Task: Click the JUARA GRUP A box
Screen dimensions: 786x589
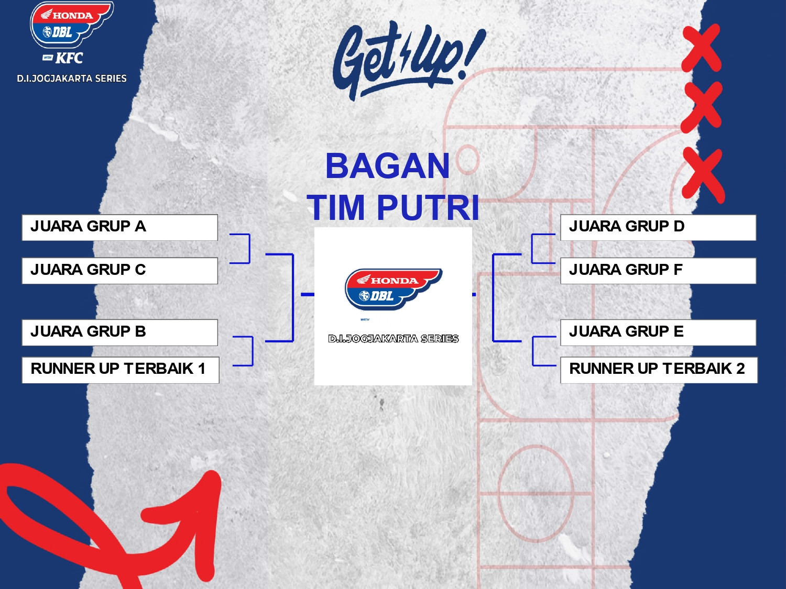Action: pos(119,227)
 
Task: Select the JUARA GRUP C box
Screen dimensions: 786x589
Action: pos(119,271)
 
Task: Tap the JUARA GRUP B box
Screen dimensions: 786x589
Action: pos(119,332)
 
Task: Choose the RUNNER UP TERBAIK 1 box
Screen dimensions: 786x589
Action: pos(121,370)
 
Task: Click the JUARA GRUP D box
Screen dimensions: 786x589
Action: pos(658,227)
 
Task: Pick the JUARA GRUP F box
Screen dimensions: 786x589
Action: pos(658,271)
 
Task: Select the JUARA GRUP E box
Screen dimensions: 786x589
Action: pos(658,332)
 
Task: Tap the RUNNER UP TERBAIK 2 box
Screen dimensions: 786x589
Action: pos(659,370)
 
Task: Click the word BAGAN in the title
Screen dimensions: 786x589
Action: pos(387,166)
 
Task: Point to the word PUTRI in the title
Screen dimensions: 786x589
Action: pos(428,208)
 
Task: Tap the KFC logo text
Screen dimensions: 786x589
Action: pos(69,58)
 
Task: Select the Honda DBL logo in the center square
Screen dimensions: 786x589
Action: pos(393,289)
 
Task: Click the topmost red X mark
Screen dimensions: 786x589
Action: pos(701,48)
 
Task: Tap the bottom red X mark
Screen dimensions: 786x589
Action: pos(703,176)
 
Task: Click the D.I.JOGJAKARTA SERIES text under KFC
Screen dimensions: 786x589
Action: pos(72,79)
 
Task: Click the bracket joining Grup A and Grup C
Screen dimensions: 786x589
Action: pos(249,249)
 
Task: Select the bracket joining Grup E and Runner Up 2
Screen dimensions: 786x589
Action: pos(533,351)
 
